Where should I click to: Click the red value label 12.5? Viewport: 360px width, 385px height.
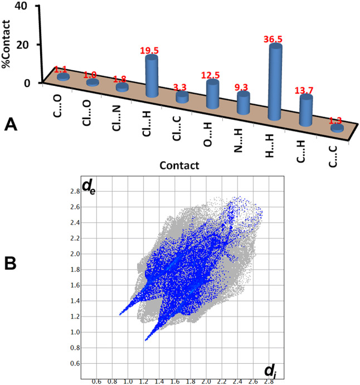click(x=213, y=75)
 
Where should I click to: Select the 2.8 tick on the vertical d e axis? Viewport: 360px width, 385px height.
click(x=74, y=191)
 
